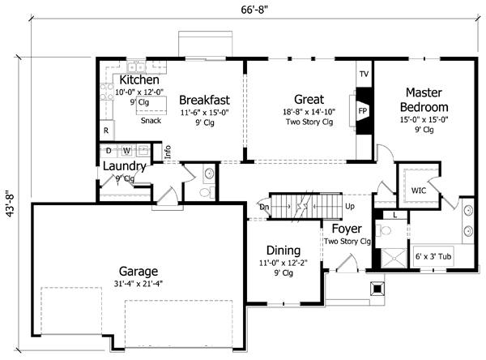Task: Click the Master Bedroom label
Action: (428, 100)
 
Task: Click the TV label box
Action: (364, 74)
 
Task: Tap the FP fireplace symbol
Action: (363, 109)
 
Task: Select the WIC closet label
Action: (418, 191)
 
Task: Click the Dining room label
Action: (278, 251)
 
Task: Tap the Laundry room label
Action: (125, 167)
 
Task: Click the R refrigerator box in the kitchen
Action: (105, 130)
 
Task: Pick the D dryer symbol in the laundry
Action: (109, 150)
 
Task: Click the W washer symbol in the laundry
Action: (126, 150)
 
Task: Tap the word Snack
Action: (150, 121)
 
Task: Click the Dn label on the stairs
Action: (263, 207)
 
